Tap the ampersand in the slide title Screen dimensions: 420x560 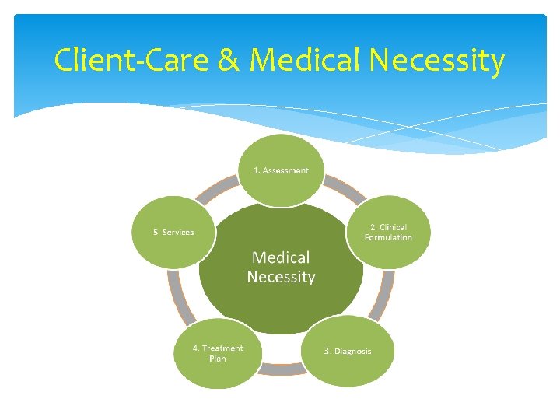click(x=229, y=60)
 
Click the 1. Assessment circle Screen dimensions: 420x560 click(x=281, y=170)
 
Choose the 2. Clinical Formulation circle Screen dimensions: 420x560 click(x=388, y=232)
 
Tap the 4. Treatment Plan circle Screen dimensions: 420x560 click(x=218, y=353)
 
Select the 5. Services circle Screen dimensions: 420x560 click(x=173, y=232)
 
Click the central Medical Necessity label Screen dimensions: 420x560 click(x=281, y=267)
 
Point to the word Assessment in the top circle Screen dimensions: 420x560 click(x=285, y=170)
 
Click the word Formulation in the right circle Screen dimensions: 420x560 click(x=388, y=237)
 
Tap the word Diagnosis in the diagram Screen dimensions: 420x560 click(x=353, y=352)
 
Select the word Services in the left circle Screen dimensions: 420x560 click(x=178, y=233)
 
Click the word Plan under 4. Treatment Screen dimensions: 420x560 click(x=218, y=359)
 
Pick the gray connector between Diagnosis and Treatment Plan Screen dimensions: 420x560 click(x=282, y=370)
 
